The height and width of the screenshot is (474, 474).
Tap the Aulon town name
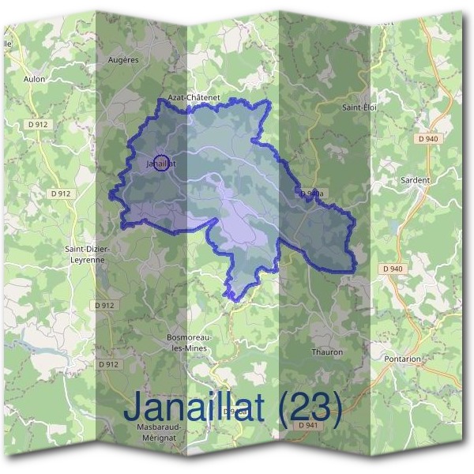pos(35,80)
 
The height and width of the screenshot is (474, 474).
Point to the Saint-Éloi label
pos(357,107)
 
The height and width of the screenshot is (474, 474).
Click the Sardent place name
pos(416,180)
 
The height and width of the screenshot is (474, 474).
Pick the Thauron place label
pos(327,352)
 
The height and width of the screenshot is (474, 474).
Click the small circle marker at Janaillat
pos(160,163)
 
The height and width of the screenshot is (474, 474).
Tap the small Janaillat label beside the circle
pos(160,164)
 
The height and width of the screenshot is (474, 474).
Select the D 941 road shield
pos(310,425)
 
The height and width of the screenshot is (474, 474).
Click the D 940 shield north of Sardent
pos(427,139)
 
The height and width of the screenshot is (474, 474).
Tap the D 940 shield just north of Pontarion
pos(393,269)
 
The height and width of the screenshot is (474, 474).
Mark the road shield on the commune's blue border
pos(310,193)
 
